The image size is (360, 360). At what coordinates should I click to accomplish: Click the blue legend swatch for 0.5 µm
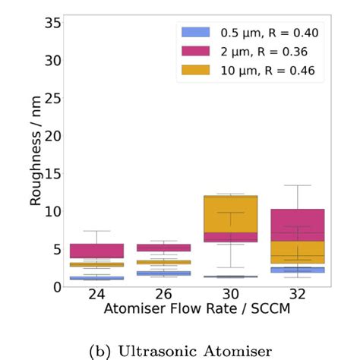195,33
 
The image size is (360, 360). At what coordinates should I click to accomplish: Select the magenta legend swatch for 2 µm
195,52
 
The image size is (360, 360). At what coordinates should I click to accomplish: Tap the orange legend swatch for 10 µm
195,71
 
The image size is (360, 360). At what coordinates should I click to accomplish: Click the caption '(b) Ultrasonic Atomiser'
179,350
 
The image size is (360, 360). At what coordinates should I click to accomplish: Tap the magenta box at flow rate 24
96,251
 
